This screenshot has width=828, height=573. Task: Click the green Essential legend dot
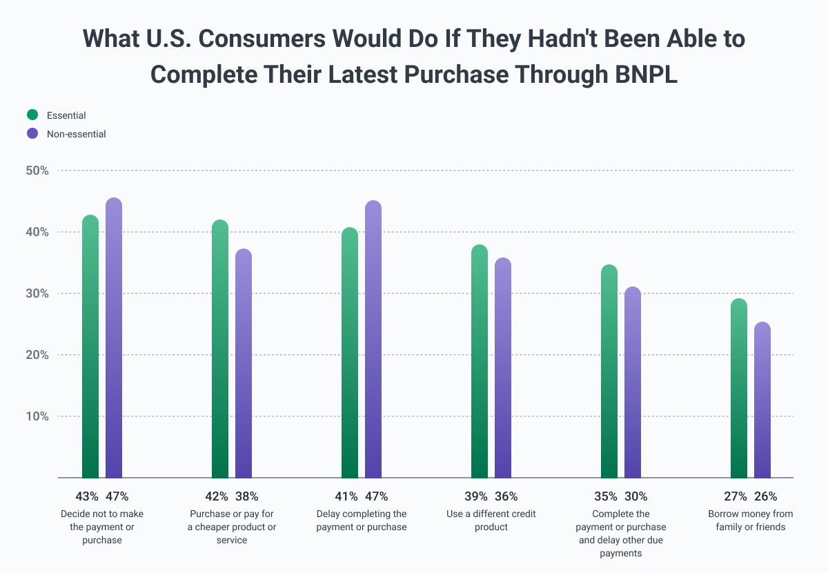32,115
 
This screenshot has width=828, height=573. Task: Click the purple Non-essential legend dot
32,134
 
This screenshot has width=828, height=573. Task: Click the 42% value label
217,496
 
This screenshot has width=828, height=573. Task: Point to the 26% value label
765,496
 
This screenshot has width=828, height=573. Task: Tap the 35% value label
606,496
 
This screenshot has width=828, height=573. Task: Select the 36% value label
506,496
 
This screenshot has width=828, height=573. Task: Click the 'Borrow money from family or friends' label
751,521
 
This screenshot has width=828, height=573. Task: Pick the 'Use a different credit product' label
491,521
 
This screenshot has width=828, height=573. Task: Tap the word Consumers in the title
247,39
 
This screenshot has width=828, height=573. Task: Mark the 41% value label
346,496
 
